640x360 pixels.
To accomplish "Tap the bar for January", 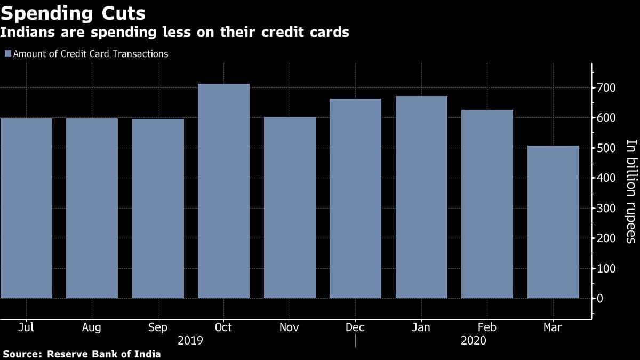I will point(421,197).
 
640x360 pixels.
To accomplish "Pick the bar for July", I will point(26,208).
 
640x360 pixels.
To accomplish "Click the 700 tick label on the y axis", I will point(606,87).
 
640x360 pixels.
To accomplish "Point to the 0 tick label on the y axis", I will point(601,298).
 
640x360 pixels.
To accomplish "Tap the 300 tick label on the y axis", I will point(606,208).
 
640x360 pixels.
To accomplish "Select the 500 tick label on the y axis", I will point(606,148).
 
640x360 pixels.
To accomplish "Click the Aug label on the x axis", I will point(92,327).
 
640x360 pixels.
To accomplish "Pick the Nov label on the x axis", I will point(289,327).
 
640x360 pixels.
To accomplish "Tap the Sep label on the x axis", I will point(158,327).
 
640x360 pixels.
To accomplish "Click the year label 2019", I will point(190,340).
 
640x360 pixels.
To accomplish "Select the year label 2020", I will point(474,340).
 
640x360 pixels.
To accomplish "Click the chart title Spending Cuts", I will point(73,12).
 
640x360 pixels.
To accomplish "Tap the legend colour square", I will point(7,54).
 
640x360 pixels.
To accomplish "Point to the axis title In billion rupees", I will point(631,191).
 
